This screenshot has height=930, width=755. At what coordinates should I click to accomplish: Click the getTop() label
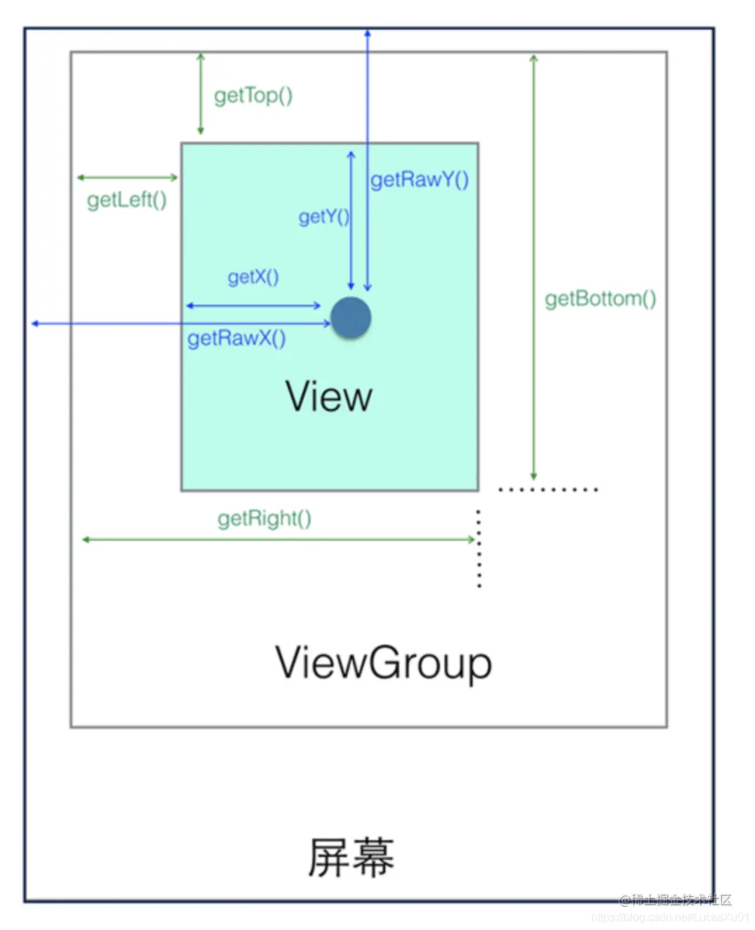253,95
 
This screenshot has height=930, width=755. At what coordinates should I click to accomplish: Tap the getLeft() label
127,200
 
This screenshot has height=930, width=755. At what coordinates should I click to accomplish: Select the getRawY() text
420,180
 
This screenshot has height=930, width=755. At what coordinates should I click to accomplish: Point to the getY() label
323,216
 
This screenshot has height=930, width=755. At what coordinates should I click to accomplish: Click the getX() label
253,277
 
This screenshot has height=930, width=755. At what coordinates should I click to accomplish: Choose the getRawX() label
236,339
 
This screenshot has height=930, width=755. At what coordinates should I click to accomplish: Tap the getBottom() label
600,299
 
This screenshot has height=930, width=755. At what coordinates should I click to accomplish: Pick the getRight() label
264,518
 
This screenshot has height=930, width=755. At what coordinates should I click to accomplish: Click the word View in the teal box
328,397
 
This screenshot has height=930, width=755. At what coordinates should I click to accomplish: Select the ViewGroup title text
383,662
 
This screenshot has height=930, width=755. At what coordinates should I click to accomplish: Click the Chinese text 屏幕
351,857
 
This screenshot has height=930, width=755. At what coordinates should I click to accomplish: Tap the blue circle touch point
351,317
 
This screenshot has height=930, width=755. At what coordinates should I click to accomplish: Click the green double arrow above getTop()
200,93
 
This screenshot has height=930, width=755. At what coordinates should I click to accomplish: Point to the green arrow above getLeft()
127,178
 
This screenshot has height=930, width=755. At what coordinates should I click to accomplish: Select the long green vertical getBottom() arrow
534,267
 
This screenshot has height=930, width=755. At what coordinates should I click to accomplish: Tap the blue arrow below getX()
253,306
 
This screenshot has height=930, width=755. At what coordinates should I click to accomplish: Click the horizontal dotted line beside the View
548,489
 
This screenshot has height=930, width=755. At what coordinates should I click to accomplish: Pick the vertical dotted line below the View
479,548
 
